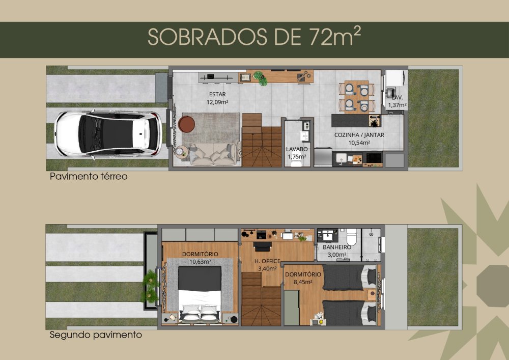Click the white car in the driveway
[108, 134]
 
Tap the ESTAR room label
[217, 95]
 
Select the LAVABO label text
[297, 149]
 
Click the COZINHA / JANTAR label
[359, 135]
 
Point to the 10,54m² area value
[359, 143]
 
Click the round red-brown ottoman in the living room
[187, 124]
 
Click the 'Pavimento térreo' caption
[89, 176]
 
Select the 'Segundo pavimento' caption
[96, 335]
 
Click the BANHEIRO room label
[336, 247]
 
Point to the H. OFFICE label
[267, 261]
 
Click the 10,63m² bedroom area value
[200, 262]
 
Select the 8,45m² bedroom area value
[303, 282]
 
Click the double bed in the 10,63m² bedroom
[200, 294]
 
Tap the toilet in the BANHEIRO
[352, 237]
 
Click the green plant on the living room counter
[260, 78]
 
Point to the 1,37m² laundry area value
[398, 105]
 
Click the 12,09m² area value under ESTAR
[217, 102]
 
